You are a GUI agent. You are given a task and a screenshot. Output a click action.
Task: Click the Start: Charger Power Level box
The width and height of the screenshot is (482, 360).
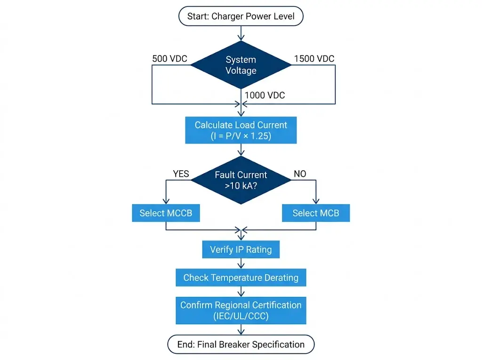[x=241, y=16]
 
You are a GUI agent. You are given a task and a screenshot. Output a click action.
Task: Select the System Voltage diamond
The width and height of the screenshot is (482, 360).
[x=241, y=65]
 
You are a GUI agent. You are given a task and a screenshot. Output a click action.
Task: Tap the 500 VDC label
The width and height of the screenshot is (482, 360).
[x=169, y=59]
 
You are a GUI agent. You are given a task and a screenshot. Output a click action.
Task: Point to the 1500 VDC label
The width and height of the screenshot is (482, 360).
[x=314, y=59]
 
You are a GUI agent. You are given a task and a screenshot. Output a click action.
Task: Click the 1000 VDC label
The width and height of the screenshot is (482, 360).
[x=265, y=95]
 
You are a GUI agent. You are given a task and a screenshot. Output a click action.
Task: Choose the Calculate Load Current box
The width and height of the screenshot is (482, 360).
[x=241, y=130]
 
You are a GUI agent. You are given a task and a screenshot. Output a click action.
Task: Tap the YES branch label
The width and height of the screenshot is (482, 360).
[x=181, y=174]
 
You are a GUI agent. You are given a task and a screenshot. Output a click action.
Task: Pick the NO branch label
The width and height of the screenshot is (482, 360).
[x=300, y=174]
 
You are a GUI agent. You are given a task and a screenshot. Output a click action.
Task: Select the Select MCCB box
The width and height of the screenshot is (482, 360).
[x=166, y=213]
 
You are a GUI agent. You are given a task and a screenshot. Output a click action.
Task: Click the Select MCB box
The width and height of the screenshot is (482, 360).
[x=316, y=213]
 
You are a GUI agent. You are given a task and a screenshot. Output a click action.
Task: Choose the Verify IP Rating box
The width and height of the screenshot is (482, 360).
[x=241, y=249]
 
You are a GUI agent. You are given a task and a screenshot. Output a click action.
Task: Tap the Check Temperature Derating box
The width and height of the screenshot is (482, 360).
[x=241, y=278]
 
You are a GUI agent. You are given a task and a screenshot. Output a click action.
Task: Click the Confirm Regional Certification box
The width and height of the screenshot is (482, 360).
[x=241, y=310]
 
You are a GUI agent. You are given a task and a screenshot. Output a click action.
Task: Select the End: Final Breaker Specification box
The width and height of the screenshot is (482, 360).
[x=241, y=344]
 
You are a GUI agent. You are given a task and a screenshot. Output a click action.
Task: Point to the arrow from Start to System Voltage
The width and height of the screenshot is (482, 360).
[x=241, y=33]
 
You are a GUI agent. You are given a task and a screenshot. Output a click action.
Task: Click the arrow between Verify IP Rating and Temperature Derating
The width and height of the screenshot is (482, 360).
[x=241, y=264]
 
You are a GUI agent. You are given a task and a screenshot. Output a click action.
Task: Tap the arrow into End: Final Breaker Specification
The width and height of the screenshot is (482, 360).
[x=241, y=330]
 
